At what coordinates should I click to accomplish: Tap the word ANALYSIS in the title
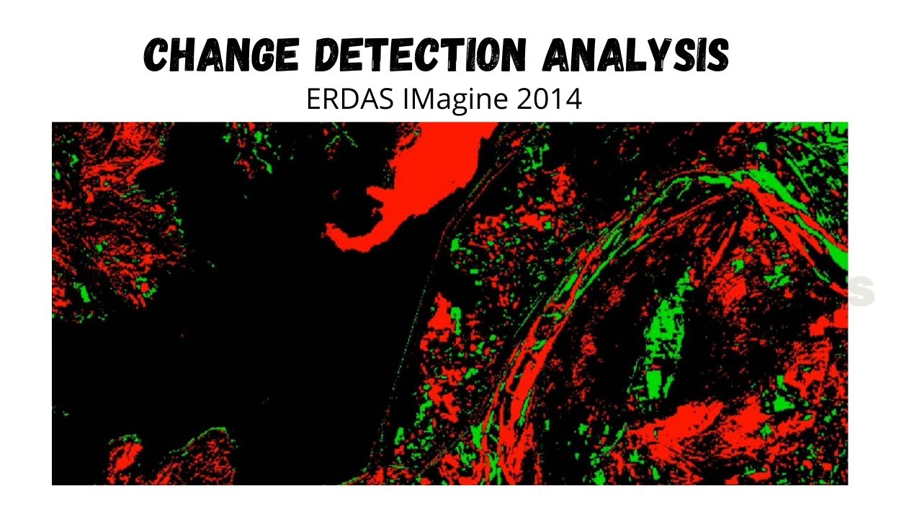click(x=636, y=56)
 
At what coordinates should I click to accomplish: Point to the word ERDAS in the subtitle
click(x=351, y=99)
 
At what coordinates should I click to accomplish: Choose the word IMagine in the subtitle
click(x=456, y=99)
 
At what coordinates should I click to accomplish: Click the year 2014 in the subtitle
click(x=550, y=99)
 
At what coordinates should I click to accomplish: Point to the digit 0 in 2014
click(x=542, y=99)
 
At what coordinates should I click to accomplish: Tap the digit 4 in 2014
click(x=573, y=99)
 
